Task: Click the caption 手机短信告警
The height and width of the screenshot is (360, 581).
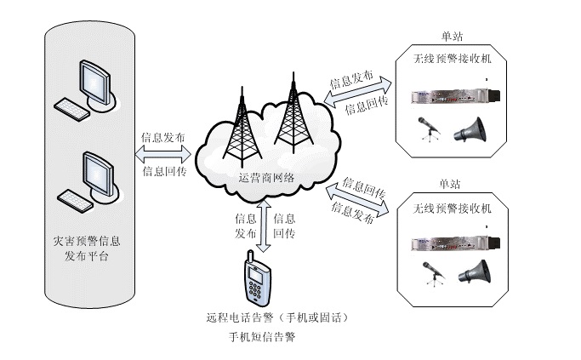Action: (x=261, y=337)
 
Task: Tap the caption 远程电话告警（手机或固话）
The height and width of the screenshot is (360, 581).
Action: (x=278, y=317)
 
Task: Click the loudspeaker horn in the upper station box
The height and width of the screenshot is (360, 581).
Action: (x=470, y=130)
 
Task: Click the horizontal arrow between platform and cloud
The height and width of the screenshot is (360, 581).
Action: (x=164, y=154)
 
